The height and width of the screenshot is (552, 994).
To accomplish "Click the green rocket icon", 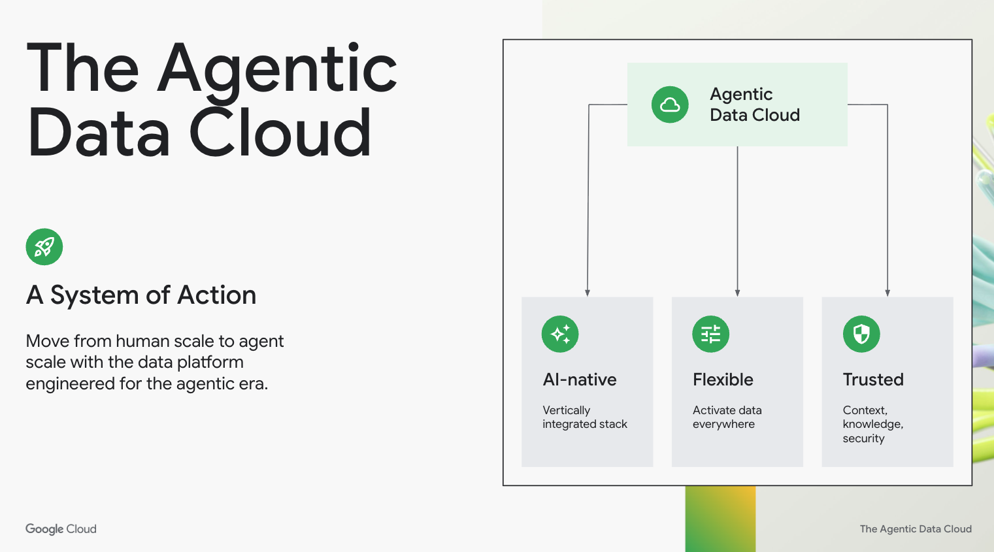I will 44,247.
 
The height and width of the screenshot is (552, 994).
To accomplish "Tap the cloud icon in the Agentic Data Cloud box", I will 670,105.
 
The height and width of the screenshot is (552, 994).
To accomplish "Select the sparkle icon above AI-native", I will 560,334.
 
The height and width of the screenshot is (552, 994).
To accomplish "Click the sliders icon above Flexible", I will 710,334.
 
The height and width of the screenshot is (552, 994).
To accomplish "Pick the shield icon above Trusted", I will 861,334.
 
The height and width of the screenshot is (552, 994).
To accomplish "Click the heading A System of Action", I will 141,295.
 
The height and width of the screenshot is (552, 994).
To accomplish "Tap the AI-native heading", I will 580,380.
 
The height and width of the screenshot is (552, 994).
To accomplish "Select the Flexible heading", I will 723,380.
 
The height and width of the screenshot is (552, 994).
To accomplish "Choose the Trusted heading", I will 873,380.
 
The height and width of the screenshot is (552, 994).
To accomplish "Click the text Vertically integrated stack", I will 584,417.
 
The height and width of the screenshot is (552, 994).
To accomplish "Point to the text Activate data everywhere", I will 727,417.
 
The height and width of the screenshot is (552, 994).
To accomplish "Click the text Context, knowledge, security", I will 872,424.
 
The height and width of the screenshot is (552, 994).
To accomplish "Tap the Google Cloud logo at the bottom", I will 61,529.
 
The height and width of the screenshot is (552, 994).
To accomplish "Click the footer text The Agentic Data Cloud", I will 916,529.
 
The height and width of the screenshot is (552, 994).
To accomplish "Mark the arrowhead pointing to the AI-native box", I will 588,293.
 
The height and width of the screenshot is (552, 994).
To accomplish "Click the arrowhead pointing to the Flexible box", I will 737,293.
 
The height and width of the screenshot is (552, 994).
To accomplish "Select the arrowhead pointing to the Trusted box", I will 887,293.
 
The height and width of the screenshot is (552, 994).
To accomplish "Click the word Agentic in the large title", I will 277,69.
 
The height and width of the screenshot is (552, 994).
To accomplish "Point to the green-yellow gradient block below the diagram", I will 720,519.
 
